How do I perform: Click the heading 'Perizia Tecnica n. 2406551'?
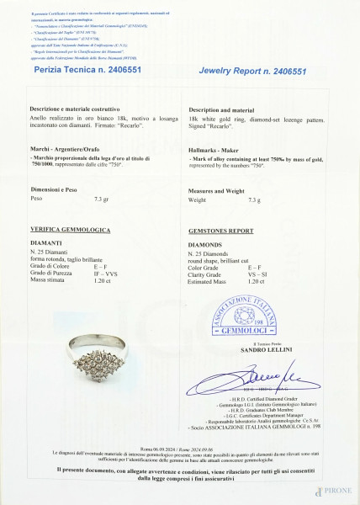tap(83, 74)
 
